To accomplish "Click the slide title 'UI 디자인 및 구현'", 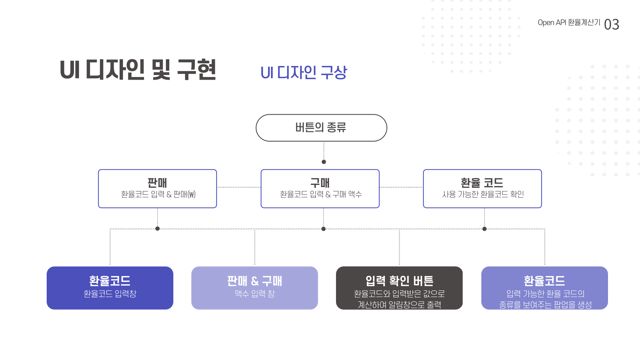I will [138, 70].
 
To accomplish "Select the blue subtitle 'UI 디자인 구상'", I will [303, 72].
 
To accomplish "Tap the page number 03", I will [611, 24].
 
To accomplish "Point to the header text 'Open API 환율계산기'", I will [569, 23].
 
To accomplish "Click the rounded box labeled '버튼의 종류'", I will [321, 128].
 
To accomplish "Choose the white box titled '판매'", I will [157, 188].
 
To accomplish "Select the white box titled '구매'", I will [320, 188].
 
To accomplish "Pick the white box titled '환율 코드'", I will [482, 188].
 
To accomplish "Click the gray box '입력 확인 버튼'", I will [399, 288].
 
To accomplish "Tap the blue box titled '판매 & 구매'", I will [254, 288].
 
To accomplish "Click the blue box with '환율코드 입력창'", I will [110, 288].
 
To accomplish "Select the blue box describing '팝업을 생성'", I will [544, 288].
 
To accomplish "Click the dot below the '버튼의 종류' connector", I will [324, 162].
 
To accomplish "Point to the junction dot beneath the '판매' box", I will [158, 229].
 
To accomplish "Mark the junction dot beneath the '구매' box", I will [323, 229].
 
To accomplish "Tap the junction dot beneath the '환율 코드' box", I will [484, 229].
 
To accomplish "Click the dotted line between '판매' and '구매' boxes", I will [239, 187].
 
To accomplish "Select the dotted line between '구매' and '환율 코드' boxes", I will [401, 187].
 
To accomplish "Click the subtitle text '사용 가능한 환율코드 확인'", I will [483, 194].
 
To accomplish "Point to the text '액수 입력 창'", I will [255, 294].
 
